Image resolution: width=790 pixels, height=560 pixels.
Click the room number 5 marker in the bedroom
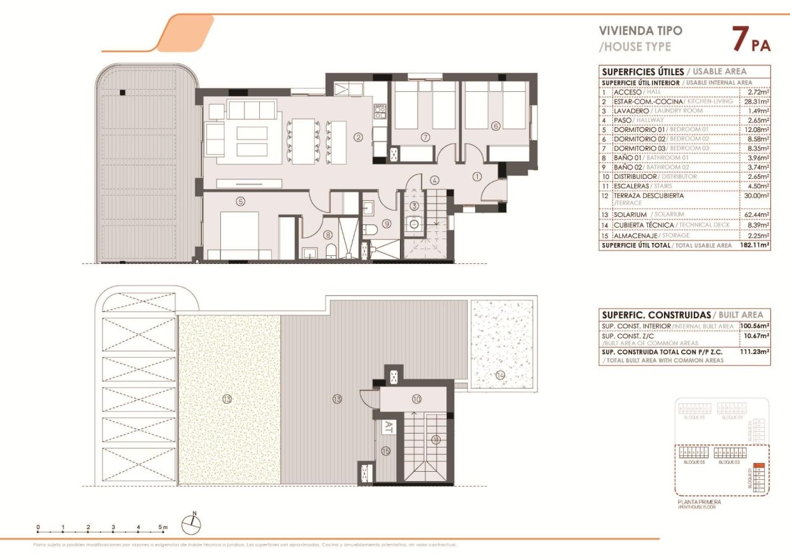240,200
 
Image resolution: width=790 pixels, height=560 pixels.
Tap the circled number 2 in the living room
358,138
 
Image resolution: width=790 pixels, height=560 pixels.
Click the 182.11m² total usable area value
754,245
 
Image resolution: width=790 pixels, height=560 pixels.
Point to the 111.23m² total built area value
754,352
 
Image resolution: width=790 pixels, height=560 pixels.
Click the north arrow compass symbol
192,524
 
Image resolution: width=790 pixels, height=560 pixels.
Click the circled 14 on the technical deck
499,374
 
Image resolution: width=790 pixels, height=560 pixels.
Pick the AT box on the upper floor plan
389,426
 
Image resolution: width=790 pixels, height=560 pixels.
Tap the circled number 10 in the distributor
417,399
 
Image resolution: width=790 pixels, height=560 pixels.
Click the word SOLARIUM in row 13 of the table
631,215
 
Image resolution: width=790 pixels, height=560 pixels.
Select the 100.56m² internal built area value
754,326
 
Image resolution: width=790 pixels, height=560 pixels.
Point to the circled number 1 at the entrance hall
476,176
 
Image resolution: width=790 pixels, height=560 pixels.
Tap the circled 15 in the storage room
386,451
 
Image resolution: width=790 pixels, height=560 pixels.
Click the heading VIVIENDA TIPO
641,30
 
